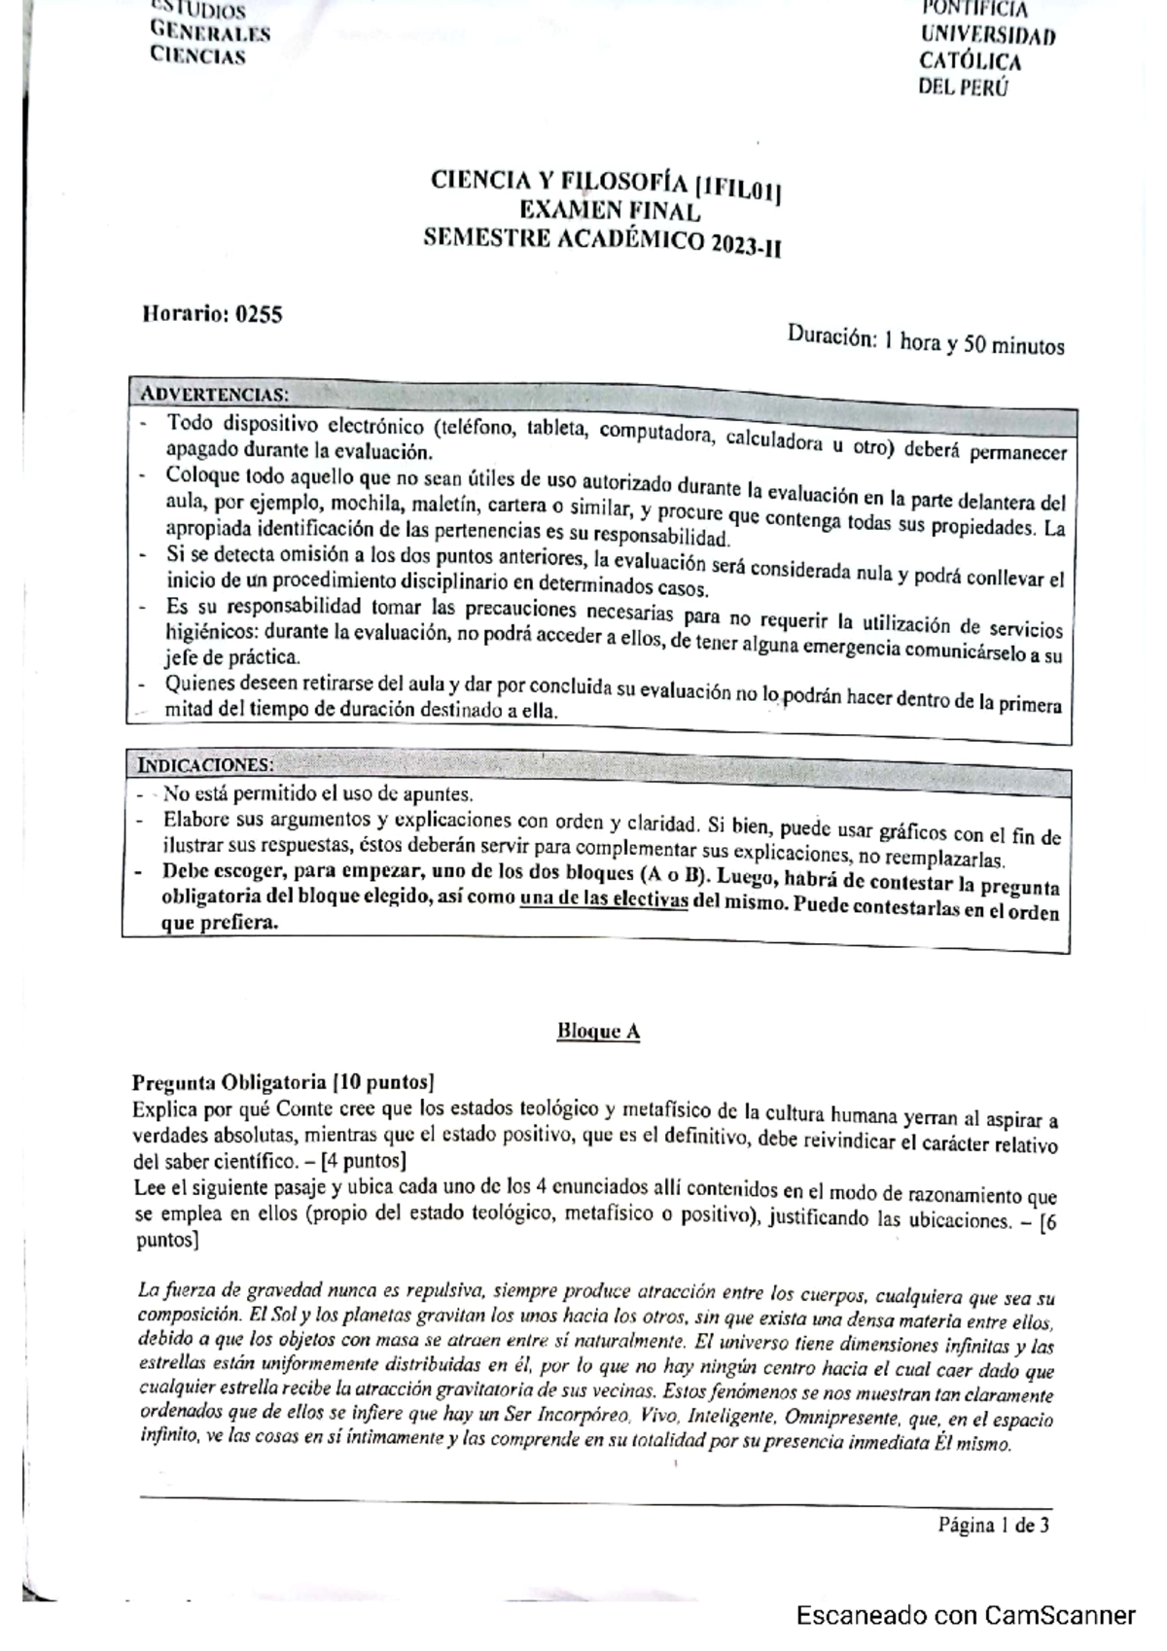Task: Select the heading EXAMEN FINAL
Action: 609,212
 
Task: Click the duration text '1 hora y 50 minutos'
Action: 970,344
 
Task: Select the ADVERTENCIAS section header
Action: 214,395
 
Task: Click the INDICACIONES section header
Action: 205,763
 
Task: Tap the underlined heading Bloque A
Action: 598,1032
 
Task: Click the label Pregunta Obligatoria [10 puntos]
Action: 283,1082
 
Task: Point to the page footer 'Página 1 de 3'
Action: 993,1525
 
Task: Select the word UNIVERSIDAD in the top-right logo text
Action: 987,37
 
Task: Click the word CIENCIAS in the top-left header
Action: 197,55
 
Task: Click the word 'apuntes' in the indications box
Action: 442,793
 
